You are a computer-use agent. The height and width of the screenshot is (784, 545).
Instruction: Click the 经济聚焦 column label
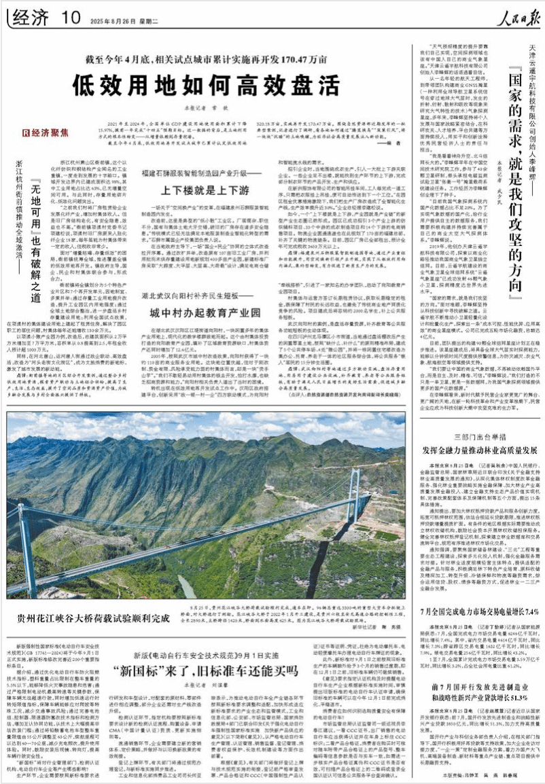tap(46, 132)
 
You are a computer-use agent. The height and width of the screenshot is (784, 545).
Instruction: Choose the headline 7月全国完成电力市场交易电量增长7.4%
tap(472, 612)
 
